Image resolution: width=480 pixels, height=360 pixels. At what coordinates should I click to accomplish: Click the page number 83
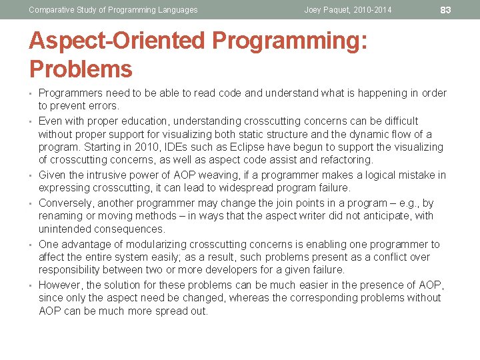[446, 9]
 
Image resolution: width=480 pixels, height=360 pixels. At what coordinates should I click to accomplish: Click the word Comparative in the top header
[52, 10]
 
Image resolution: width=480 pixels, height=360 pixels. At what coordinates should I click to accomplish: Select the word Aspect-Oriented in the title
[117, 41]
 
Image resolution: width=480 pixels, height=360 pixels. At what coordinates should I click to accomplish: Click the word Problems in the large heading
[81, 69]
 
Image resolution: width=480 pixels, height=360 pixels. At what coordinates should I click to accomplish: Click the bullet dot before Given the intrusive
[31, 175]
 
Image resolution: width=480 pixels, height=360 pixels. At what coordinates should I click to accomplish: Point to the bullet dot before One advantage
[31, 245]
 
